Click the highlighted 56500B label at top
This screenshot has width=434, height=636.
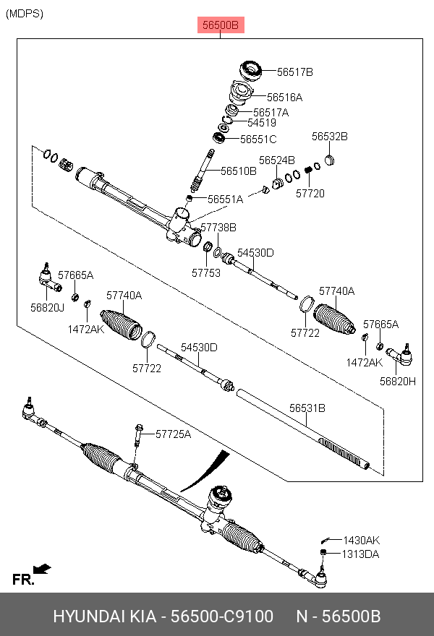[x=220, y=26]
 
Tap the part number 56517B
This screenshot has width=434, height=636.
[x=295, y=72]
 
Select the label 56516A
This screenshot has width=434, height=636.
[x=284, y=97]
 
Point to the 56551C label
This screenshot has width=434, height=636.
[x=258, y=139]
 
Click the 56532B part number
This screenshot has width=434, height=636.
[x=330, y=136]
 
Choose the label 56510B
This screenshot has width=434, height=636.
[x=239, y=171]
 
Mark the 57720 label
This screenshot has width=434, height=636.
[x=310, y=193]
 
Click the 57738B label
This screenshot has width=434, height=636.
[x=218, y=227]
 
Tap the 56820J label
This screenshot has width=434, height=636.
[x=47, y=307]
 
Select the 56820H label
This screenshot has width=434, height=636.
[x=398, y=381]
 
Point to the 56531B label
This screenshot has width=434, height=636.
[x=307, y=408]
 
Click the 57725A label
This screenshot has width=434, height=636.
[x=173, y=434]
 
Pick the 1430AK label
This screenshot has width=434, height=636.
[x=361, y=540]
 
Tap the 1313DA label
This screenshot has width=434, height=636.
[x=361, y=554]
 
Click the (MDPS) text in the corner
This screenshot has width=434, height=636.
[x=24, y=13]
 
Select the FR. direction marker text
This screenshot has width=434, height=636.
[x=23, y=580]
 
